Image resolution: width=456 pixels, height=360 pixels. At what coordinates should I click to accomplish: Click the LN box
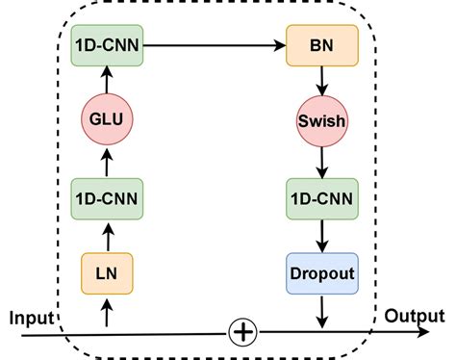(x=107, y=273)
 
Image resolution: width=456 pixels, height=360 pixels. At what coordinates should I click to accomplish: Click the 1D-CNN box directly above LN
(x=107, y=199)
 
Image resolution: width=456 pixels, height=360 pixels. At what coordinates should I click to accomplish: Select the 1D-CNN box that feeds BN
(x=107, y=45)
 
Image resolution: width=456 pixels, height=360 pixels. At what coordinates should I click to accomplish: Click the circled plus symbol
(x=242, y=332)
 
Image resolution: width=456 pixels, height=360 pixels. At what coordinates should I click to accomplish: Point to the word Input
(x=30, y=317)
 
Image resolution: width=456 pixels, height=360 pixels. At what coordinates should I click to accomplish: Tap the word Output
(x=414, y=316)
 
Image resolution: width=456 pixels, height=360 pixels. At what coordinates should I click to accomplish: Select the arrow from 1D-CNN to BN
(x=215, y=45)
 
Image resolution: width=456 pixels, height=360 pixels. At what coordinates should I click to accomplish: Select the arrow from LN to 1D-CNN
(x=107, y=237)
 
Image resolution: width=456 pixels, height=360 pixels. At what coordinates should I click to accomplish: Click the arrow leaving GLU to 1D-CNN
(x=107, y=82)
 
